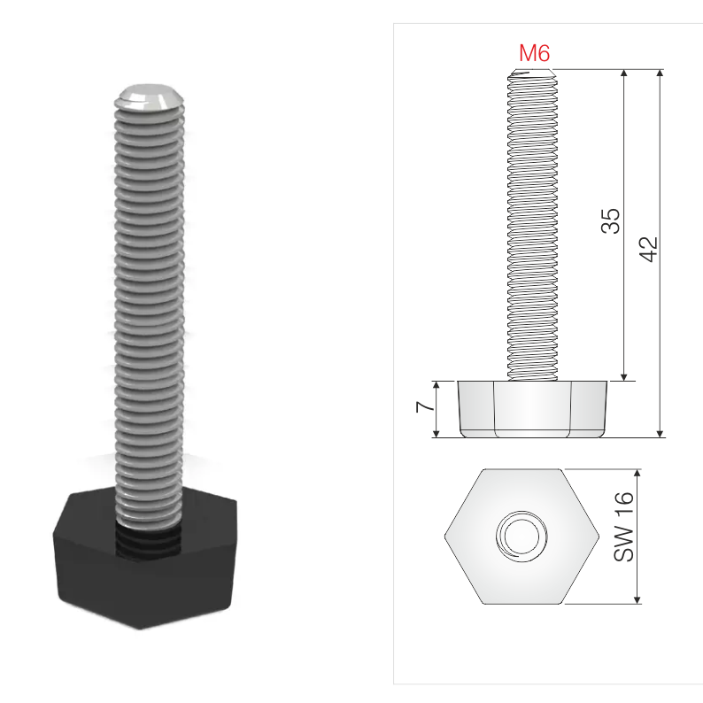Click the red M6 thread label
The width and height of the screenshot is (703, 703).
click(x=534, y=53)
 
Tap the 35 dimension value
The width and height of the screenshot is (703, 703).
click(x=610, y=221)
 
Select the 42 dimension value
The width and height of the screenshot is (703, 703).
click(x=648, y=249)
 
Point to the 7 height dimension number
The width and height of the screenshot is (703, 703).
click(x=425, y=406)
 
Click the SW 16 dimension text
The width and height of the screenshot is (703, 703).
click(x=623, y=527)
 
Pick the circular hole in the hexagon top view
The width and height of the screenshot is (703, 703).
click(x=521, y=537)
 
